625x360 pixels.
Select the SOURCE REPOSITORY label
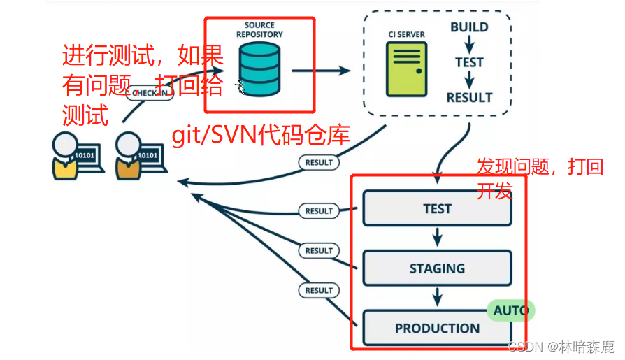[x=259, y=29]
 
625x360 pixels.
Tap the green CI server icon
[x=405, y=69]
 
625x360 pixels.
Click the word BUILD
[x=469, y=28]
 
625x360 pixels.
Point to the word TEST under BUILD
[x=469, y=62]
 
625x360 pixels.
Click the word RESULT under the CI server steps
[x=469, y=97]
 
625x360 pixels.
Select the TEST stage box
[x=437, y=208]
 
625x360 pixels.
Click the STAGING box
[x=437, y=268]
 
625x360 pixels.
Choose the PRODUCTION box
[x=437, y=328]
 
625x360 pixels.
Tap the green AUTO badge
[x=510, y=310]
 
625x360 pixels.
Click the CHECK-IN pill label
[x=149, y=94]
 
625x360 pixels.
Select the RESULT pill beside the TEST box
[x=319, y=210]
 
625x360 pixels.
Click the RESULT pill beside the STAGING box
[x=319, y=250]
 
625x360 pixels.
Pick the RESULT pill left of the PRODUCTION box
[x=319, y=290]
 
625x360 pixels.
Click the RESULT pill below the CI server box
[x=319, y=162]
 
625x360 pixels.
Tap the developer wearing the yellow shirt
[x=64, y=155]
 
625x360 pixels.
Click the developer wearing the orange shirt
[x=128, y=155]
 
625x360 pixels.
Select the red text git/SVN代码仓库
[x=260, y=135]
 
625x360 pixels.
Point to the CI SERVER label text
[x=407, y=34]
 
